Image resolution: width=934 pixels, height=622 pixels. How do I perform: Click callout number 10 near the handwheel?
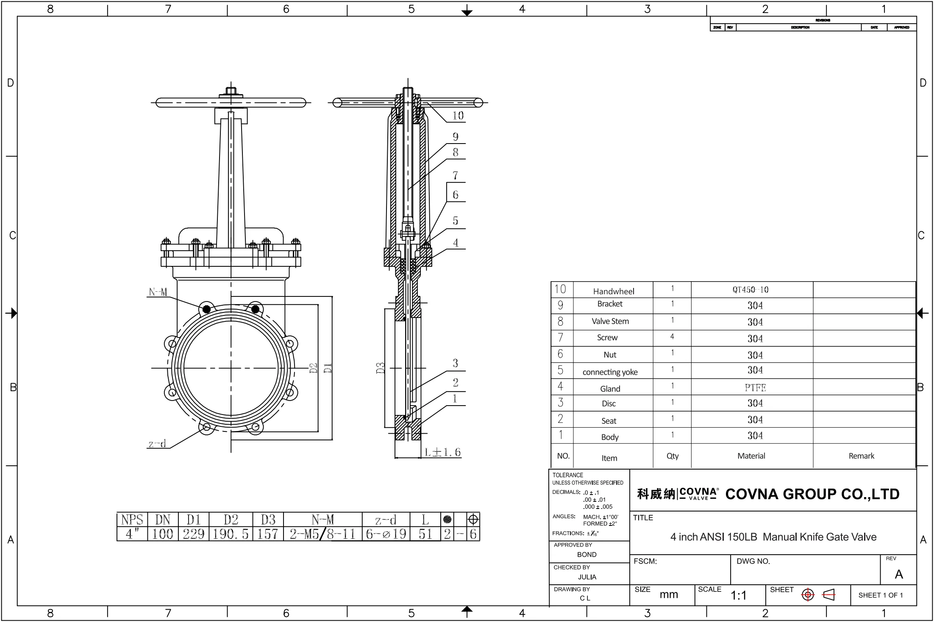tap(458, 116)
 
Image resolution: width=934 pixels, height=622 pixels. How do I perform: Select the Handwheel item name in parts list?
tap(613, 291)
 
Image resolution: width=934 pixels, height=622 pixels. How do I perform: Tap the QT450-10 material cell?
tap(750, 290)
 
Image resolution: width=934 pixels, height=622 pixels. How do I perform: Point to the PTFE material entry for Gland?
tap(755, 387)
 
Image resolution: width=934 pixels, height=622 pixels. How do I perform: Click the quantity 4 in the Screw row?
tap(672, 337)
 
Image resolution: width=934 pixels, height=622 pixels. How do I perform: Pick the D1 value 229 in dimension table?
tap(194, 534)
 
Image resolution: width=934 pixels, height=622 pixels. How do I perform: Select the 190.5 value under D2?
tap(231, 534)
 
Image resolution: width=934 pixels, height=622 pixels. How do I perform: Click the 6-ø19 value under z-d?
tap(386, 534)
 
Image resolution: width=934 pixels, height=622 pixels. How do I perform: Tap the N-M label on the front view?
tap(158, 292)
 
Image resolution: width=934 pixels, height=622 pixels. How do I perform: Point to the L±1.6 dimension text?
tap(442, 452)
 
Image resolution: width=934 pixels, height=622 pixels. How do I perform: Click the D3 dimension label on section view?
tap(380, 368)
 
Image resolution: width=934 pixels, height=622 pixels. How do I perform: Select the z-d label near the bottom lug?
tap(157, 444)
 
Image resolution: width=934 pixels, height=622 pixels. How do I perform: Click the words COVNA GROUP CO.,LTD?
tap(812, 494)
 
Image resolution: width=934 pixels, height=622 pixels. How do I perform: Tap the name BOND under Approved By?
tap(587, 555)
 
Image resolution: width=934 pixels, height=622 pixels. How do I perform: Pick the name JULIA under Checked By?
tap(587, 577)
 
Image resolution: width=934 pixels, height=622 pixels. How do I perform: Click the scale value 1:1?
tap(738, 596)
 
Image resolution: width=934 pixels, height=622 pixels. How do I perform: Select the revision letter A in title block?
tap(898, 575)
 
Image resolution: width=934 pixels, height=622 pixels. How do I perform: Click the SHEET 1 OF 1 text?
tap(881, 595)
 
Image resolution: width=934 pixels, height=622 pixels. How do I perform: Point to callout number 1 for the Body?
tap(455, 399)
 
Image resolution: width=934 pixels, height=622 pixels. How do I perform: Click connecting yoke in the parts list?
tap(610, 372)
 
